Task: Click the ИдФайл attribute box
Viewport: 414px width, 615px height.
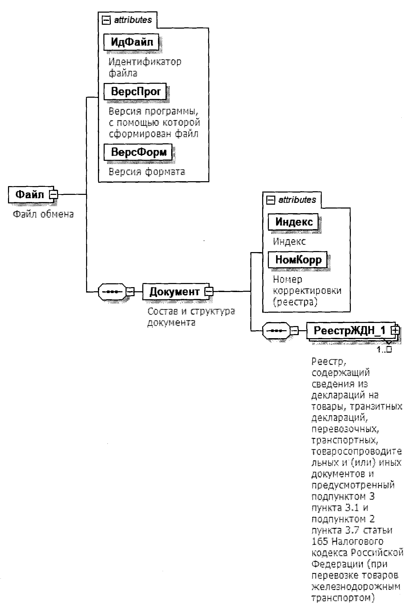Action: point(131,42)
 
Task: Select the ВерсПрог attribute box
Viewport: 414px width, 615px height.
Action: point(135,92)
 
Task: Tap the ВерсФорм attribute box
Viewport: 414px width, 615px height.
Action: point(138,152)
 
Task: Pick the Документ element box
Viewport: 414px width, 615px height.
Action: point(174,292)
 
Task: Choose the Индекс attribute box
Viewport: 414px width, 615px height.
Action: point(293,222)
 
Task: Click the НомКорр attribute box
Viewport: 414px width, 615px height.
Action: point(297,260)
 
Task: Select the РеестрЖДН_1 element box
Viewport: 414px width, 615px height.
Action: point(349,330)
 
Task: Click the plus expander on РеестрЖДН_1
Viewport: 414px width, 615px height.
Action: point(395,330)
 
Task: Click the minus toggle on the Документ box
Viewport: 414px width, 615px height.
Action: point(209,292)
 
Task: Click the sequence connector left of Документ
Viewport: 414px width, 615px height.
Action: point(112,292)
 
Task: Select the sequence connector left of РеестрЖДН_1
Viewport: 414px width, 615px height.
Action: point(276,330)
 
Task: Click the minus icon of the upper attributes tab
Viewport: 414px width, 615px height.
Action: point(106,20)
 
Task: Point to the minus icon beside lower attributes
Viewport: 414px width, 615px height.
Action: point(271,200)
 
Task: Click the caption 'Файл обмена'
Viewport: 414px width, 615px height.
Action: point(43,214)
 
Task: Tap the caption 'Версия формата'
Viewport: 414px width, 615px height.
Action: point(147,172)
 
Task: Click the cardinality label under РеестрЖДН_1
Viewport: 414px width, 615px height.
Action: point(384,350)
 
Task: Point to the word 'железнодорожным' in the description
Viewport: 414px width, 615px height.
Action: point(356,586)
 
